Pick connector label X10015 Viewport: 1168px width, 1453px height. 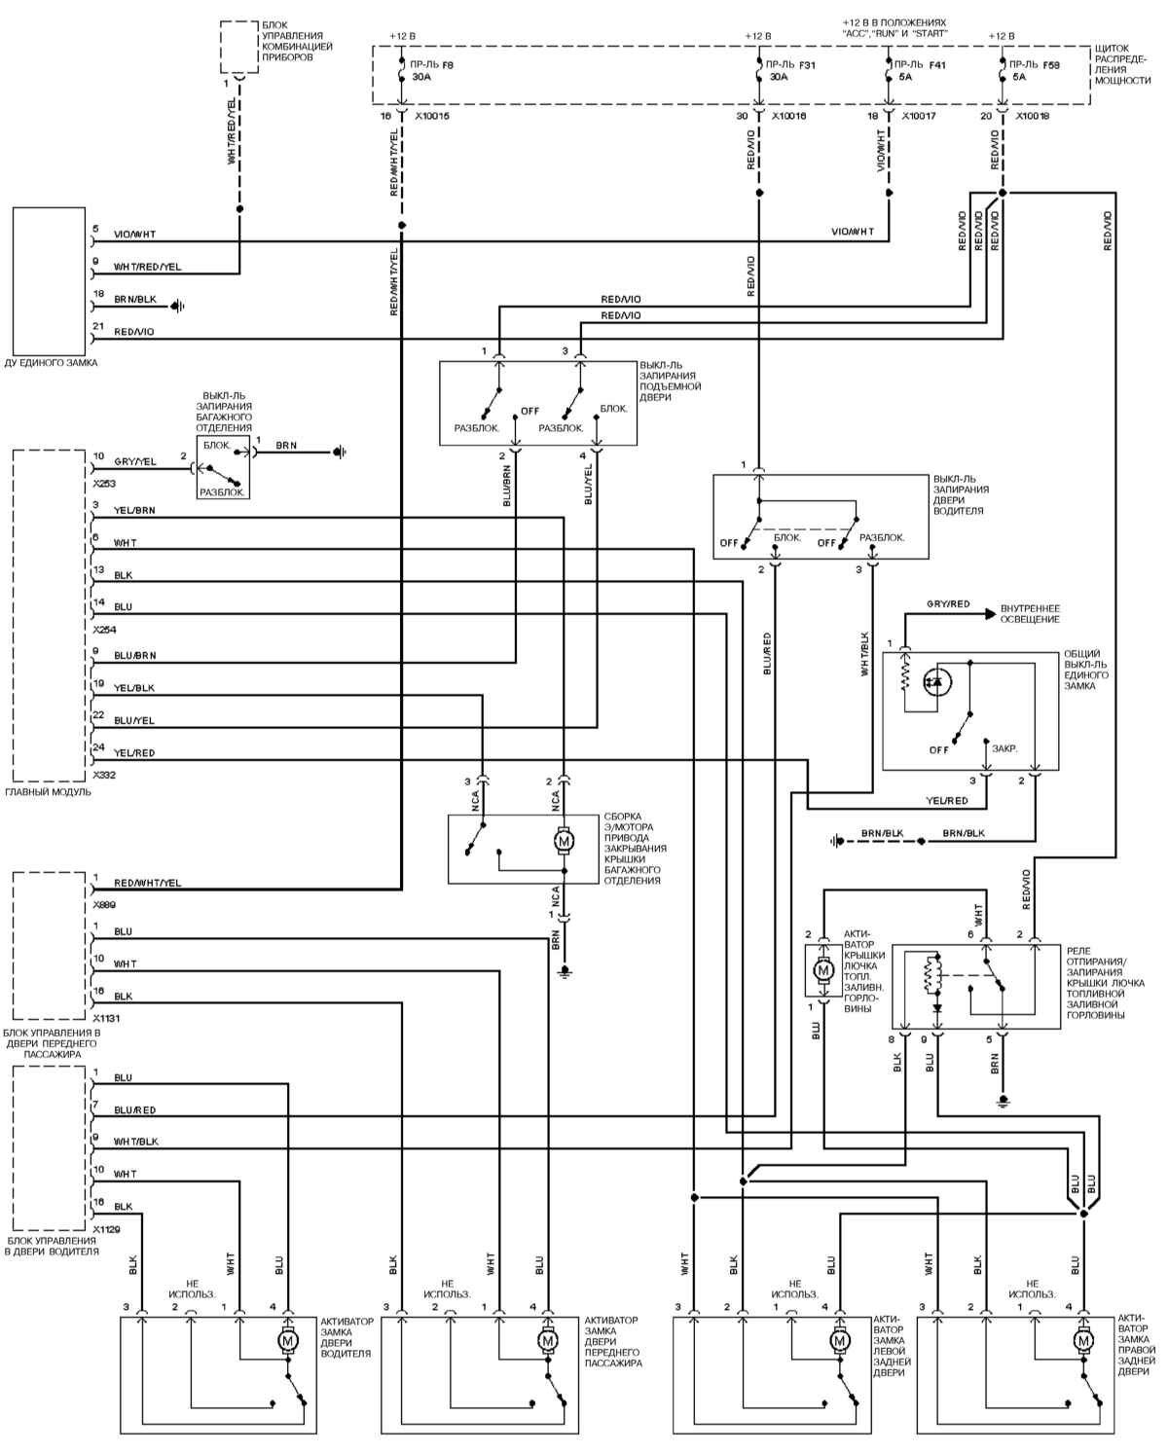(432, 116)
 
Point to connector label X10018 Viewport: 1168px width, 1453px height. (1033, 116)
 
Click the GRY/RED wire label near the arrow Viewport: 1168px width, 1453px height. (948, 604)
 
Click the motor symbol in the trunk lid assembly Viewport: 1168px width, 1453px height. (563, 839)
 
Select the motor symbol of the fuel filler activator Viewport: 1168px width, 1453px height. (822, 969)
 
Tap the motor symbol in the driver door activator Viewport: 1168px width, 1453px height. (287, 1341)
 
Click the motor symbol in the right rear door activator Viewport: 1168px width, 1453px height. (1082, 1341)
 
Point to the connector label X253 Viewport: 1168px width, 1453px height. (104, 483)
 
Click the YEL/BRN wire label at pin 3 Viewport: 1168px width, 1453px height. (134, 510)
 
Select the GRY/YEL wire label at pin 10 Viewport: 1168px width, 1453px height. (134, 461)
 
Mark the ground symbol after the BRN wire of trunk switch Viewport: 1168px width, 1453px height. (340, 452)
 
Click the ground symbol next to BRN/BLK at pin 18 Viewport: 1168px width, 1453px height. (178, 307)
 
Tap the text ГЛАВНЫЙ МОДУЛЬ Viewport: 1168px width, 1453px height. (49, 792)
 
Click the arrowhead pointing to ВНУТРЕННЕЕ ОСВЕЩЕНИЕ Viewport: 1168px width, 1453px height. (990, 613)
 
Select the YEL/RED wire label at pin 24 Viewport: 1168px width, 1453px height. (134, 753)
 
